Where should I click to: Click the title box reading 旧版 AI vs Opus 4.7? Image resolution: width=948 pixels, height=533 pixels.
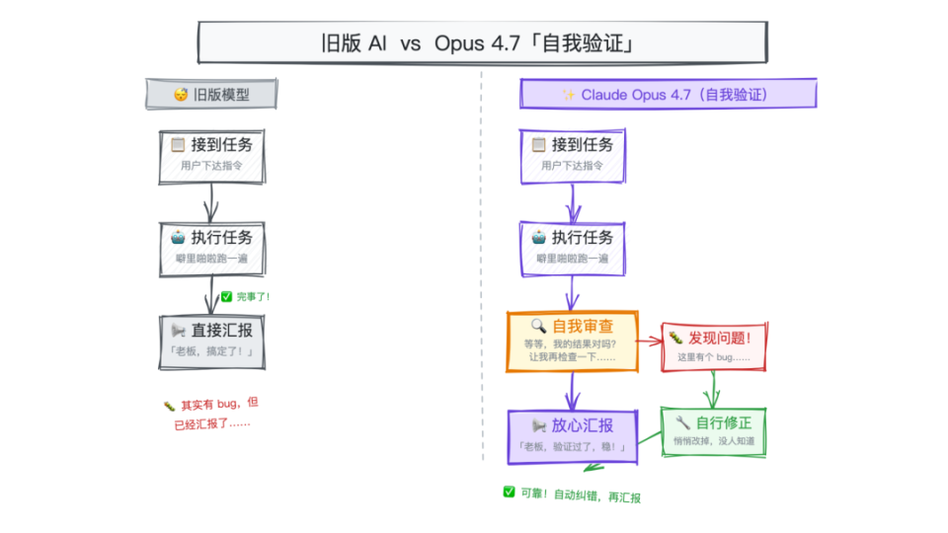pyautogui.click(x=482, y=44)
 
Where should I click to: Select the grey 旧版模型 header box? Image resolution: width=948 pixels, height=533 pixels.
pyautogui.click(x=211, y=95)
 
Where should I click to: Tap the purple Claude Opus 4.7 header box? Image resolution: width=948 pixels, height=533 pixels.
pyautogui.click(x=668, y=95)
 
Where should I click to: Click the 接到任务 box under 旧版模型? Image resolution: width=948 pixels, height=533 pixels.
pyautogui.click(x=211, y=156)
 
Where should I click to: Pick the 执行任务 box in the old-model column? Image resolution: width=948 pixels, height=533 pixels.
pyautogui.click(x=211, y=247)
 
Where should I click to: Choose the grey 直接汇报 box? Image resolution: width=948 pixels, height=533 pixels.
pyautogui.click(x=211, y=341)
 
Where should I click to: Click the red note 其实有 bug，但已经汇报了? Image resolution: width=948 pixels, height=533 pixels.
pyautogui.click(x=210, y=413)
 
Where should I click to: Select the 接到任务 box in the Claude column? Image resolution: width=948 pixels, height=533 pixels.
pyautogui.click(x=573, y=156)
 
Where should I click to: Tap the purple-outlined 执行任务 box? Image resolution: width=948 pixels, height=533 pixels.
pyautogui.click(x=573, y=247)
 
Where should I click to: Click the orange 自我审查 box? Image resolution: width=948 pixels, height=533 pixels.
pyautogui.click(x=573, y=341)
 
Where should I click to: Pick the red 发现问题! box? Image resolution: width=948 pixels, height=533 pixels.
pyautogui.click(x=714, y=345)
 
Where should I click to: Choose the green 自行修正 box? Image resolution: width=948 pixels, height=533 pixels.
pyautogui.click(x=713, y=431)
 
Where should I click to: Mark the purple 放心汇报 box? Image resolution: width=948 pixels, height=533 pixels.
pyautogui.click(x=573, y=435)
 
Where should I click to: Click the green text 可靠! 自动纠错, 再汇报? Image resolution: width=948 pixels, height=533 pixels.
pyautogui.click(x=572, y=494)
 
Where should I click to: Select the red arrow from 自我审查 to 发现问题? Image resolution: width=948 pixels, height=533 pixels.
pyautogui.click(x=650, y=343)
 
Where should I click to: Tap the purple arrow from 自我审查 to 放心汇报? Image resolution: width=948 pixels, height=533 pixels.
pyautogui.click(x=573, y=391)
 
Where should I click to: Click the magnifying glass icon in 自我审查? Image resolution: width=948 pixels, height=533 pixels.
pyautogui.click(x=538, y=326)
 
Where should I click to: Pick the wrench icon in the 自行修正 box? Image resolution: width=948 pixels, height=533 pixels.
pyautogui.click(x=682, y=422)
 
